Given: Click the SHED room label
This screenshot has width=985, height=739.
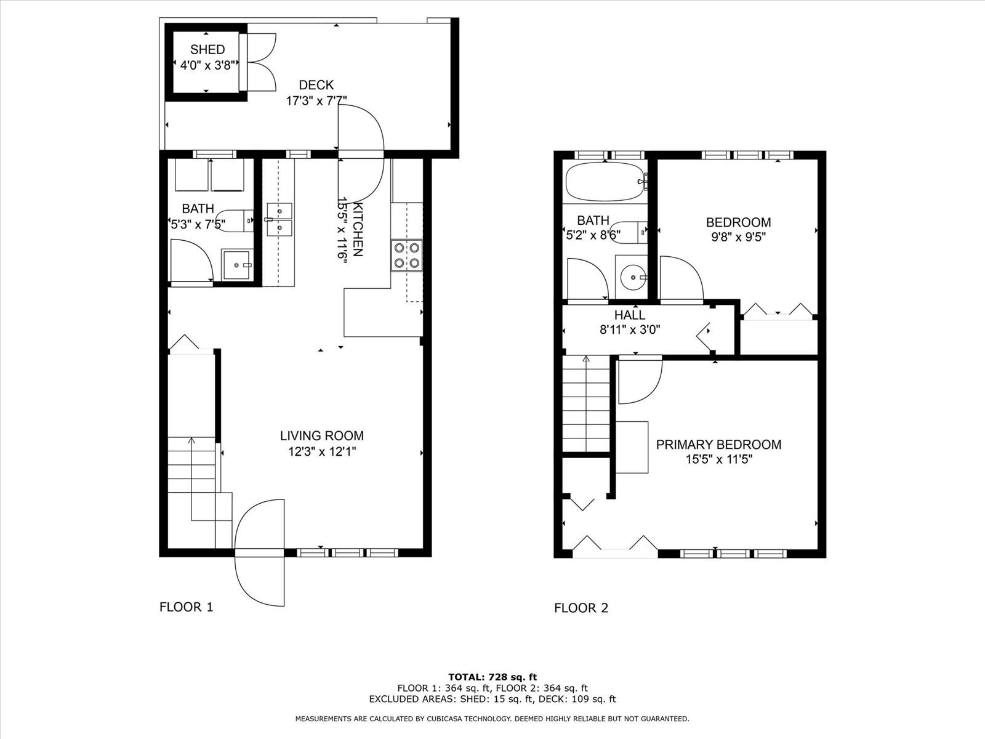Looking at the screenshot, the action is click(207, 49).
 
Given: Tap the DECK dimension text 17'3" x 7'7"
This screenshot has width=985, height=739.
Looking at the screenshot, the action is click(316, 101).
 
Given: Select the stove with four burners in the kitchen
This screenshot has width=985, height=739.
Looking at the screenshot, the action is click(406, 256).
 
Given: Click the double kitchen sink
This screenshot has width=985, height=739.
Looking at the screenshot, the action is click(279, 219).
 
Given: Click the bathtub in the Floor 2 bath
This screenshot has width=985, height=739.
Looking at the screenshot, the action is click(606, 182).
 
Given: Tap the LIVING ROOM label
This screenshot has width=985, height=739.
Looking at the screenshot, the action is click(322, 435).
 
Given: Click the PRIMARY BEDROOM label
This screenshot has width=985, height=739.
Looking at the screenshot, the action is click(718, 445).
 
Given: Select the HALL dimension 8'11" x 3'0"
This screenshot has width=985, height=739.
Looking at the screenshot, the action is click(630, 330).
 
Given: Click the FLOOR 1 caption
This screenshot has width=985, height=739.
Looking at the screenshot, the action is click(187, 607).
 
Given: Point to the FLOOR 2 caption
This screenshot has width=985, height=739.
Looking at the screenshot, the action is click(581, 608).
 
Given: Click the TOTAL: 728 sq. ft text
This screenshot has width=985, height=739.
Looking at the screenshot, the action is click(492, 677).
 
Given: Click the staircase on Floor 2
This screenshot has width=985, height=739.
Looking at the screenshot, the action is click(586, 404).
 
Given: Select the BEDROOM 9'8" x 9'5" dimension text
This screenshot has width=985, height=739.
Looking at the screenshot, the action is click(738, 236).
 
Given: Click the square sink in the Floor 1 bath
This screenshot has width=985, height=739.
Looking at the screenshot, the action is click(236, 265).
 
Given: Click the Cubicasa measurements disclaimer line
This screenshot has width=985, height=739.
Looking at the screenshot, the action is click(492, 719).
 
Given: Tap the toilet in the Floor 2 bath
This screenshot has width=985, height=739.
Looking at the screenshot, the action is click(629, 232).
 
